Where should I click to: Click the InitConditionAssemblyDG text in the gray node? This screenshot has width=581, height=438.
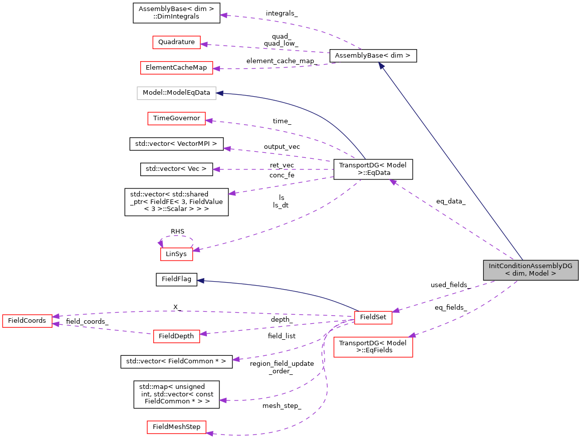(x=530, y=266)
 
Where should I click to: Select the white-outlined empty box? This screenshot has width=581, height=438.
(x=176, y=93)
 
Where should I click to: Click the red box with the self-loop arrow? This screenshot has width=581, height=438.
(x=176, y=254)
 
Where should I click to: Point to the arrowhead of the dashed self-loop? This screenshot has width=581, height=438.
(x=160, y=244)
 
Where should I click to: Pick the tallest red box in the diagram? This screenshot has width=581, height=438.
(x=373, y=347)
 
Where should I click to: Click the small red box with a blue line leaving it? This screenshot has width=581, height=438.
(x=373, y=318)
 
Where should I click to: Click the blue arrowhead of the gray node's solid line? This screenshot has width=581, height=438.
(x=381, y=66)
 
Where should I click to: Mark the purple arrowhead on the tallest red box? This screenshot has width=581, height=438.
(x=412, y=335)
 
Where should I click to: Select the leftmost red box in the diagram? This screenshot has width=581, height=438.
(x=27, y=321)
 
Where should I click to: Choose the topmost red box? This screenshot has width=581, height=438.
(x=176, y=42)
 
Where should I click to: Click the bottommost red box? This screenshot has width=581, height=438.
(x=176, y=427)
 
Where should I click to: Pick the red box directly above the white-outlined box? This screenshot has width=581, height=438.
(x=176, y=68)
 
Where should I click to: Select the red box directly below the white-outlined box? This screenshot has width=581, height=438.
(x=176, y=118)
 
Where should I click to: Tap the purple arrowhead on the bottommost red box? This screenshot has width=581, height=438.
(x=209, y=433)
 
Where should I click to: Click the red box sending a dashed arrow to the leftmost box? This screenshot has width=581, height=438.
(x=176, y=336)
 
